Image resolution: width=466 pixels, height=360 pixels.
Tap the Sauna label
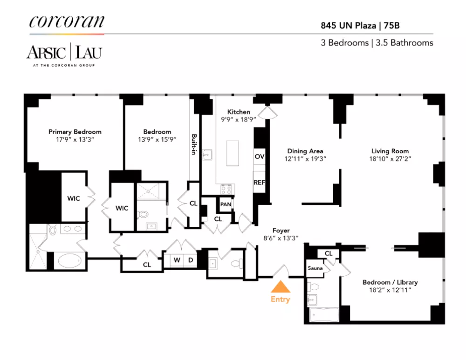pyautogui.click(x=315, y=268)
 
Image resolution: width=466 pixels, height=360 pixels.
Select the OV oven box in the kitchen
pyautogui.click(x=260, y=156)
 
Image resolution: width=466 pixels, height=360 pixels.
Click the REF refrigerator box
pyautogui.click(x=260, y=182)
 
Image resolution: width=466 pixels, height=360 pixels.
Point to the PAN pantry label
pyautogui.click(x=226, y=204)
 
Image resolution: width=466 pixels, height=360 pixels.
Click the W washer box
pyautogui.click(x=177, y=260)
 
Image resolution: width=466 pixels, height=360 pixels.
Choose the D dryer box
pyautogui.click(x=191, y=260)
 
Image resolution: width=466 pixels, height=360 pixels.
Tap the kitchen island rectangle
pyautogui.click(x=233, y=153)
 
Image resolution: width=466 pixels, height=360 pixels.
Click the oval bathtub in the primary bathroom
pyautogui.click(x=69, y=261)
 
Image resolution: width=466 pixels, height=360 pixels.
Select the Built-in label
pyautogui.click(x=194, y=144)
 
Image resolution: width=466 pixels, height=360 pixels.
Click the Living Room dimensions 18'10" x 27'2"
pyautogui.click(x=390, y=159)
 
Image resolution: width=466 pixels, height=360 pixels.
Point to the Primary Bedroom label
pyautogui.click(x=75, y=132)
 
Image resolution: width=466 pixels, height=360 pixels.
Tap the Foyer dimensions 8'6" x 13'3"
pyautogui.click(x=281, y=238)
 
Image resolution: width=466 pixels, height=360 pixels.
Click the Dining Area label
pyautogui.click(x=305, y=151)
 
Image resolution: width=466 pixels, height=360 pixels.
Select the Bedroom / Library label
pyautogui.click(x=390, y=282)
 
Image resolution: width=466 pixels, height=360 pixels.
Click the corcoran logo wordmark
pyautogui.click(x=67, y=21)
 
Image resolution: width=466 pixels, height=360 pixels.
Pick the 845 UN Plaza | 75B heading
pyautogui.click(x=360, y=26)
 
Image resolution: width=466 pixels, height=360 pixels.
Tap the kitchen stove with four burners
pyautogui.click(x=226, y=189)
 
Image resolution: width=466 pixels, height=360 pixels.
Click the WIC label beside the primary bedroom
pyautogui.click(x=74, y=198)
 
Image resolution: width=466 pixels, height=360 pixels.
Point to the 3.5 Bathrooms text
pyautogui.click(x=404, y=43)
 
